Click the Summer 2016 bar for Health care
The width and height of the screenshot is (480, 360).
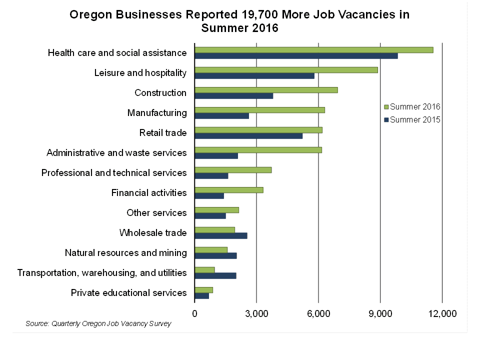313,50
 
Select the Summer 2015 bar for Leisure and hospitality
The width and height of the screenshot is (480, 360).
254,76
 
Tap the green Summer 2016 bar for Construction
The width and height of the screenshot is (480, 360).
266,90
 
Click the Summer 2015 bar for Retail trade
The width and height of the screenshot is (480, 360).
248,136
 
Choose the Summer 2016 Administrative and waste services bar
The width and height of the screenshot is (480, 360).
258,150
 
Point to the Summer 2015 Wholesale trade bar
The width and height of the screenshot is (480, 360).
220,236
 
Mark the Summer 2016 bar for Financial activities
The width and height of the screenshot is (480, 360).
228,190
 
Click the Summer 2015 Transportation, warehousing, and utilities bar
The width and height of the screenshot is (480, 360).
215,276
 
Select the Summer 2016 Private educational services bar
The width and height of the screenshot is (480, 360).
203,290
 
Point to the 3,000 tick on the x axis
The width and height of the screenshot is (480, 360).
256,313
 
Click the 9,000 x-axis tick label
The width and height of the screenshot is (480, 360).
380,313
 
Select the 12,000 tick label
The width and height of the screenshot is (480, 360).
442,313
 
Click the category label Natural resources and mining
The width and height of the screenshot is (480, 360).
126,253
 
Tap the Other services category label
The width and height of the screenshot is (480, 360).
156,213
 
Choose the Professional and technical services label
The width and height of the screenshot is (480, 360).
114,173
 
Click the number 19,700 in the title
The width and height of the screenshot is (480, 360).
267,14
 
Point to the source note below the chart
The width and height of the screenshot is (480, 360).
98,323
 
